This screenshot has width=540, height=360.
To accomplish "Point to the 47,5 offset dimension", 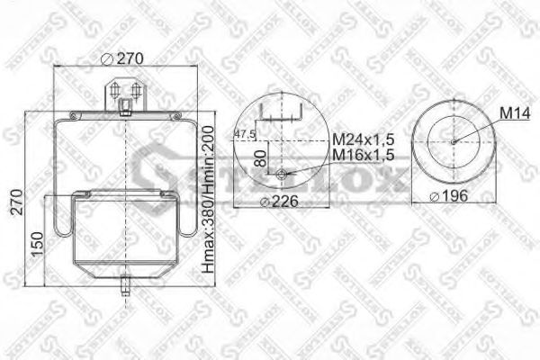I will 245,134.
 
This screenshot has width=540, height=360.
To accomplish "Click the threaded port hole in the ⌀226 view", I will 283,175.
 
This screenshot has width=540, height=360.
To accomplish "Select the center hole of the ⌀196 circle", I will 454,140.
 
